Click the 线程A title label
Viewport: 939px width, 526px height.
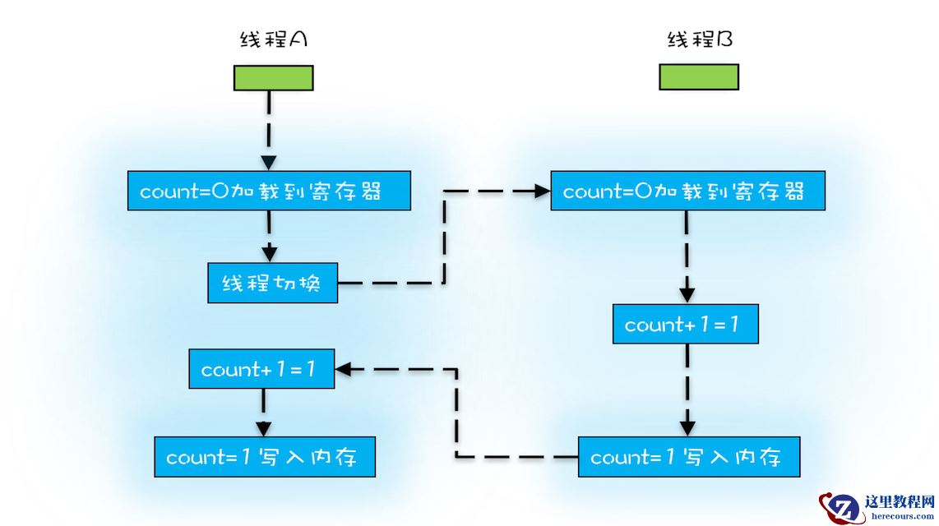[273, 39]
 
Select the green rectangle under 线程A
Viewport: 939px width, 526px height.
[273, 77]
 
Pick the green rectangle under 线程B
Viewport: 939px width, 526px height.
[699, 76]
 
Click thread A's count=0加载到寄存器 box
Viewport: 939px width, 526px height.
[269, 191]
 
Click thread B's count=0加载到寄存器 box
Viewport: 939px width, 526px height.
[687, 191]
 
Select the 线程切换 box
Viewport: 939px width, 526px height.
[272, 284]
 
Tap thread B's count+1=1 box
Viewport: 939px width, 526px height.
[685, 324]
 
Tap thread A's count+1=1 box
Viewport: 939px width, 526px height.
[261, 370]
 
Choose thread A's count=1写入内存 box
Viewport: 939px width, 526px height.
[265, 457]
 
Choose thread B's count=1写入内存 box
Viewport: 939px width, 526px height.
[688, 457]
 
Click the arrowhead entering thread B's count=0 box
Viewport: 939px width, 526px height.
[542, 191]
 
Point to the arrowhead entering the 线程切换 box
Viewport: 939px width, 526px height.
[270, 253]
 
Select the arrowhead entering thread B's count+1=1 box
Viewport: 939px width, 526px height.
[687, 294]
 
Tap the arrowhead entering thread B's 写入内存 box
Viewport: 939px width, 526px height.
[687, 427]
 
